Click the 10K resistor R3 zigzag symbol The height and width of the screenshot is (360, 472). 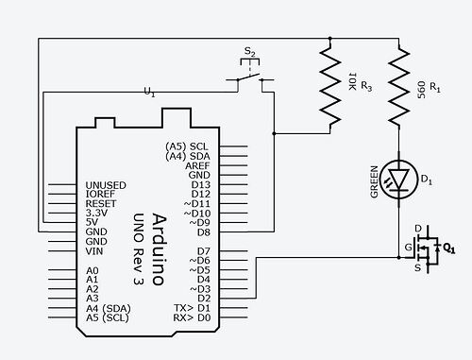coord(330,87)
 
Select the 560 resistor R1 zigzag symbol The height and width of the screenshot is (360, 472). coord(399,87)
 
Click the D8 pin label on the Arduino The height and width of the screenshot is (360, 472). coord(200,231)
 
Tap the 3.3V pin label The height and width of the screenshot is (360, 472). coord(98,213)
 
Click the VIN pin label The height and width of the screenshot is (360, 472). coord(94,250)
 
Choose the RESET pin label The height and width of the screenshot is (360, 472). coord(101,203)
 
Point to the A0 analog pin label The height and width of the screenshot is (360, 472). coord(92,270)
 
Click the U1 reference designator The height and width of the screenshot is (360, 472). coord(149,92)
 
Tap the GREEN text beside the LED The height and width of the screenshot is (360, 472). coord(374,180)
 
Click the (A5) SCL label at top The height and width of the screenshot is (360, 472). coord(186,146)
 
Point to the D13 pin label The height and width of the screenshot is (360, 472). coord(198,184)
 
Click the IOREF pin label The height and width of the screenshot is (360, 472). coord(100,194)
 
